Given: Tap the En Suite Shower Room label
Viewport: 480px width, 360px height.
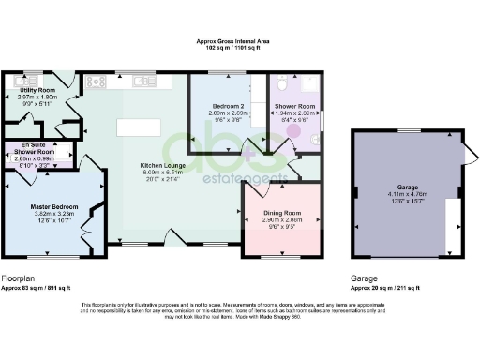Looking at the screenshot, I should coord(38,148).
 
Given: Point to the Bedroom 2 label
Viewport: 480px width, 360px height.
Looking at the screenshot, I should coord(228,106).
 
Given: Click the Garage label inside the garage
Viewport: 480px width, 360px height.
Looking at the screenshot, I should coord(405,187).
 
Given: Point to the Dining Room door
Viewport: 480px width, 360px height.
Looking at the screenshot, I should coord(253,188).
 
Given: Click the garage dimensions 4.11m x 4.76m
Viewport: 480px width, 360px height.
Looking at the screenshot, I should coord(405,194).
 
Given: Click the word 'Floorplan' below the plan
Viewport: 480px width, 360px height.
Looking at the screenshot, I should coord(19,278).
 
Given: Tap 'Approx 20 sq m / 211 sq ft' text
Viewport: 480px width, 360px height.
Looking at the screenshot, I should coord(385,288).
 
